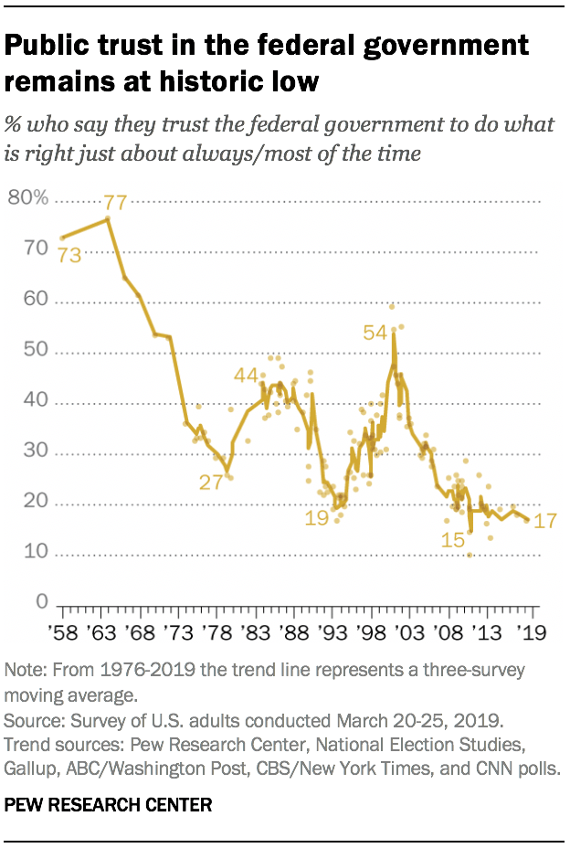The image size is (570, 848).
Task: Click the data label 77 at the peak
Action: (x=115, y=203)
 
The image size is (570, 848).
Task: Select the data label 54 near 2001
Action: (x=375, y=333)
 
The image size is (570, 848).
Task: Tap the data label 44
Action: (x=246, y=375)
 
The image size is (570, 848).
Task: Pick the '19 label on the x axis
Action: (x=529, y=632)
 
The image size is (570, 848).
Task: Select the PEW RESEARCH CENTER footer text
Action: (x=109, y=805)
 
